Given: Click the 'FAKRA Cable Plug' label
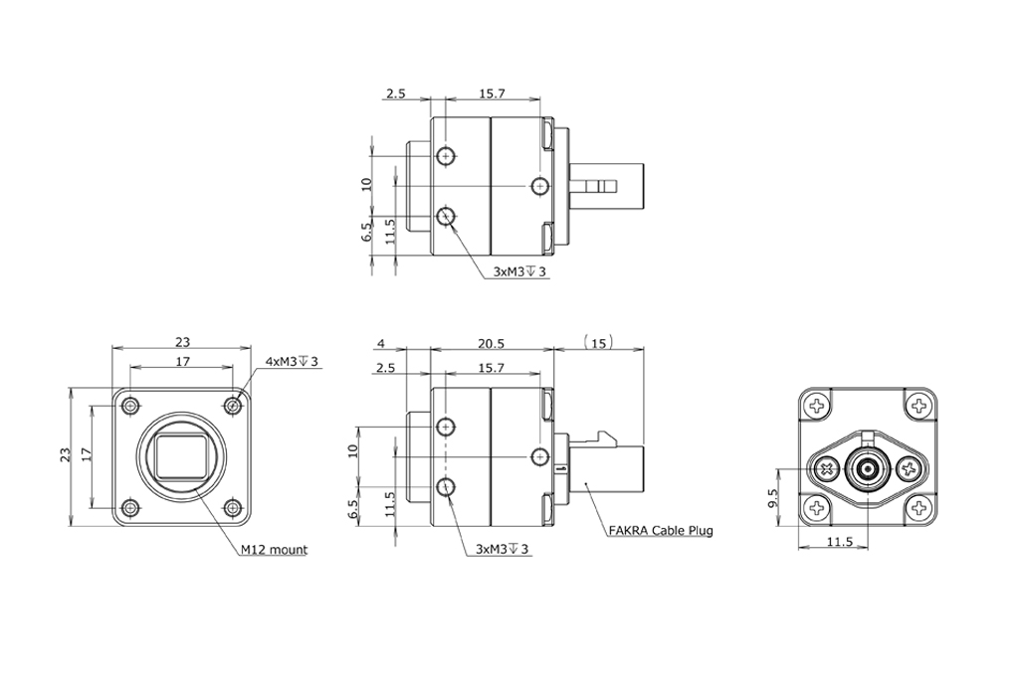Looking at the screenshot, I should [660, 530].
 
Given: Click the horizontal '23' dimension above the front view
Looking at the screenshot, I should [182, 341].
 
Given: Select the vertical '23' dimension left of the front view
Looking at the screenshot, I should [65, 455].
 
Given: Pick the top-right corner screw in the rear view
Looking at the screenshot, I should [920, 405].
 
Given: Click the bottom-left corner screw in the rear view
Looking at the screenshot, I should [817, 509].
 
